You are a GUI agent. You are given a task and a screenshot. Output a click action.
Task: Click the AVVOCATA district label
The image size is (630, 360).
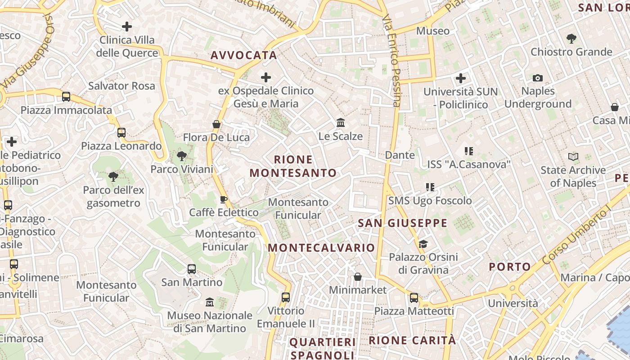243,55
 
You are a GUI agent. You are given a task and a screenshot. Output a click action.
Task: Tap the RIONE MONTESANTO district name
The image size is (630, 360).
293,166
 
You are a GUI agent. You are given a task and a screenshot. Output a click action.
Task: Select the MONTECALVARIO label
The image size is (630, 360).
321,248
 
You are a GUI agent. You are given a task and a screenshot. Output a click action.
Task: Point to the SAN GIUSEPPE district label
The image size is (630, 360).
403,223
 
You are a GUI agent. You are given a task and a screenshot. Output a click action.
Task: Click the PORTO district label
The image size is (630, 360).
510,267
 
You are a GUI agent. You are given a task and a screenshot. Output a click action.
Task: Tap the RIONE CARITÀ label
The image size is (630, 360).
412,341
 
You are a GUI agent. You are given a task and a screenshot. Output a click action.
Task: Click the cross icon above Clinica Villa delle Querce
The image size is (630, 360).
127,27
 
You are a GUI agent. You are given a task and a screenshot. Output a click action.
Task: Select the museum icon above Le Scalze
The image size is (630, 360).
341,122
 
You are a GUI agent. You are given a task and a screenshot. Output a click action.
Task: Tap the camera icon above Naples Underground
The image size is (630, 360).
538,78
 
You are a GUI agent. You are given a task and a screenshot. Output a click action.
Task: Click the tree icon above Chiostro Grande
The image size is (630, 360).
571,39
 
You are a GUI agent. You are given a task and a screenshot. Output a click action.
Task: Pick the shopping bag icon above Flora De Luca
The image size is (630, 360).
216,124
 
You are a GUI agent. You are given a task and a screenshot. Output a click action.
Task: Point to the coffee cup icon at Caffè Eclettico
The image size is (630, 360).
224,199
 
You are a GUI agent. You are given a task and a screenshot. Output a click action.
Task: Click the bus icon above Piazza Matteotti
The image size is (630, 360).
414,298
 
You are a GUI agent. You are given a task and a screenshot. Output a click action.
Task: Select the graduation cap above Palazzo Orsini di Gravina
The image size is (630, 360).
423,244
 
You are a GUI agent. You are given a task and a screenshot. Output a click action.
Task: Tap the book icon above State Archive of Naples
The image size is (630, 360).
573,157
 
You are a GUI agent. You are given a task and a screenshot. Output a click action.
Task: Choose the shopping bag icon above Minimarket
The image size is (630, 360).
358,277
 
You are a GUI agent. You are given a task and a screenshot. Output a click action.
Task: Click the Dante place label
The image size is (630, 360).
400,155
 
